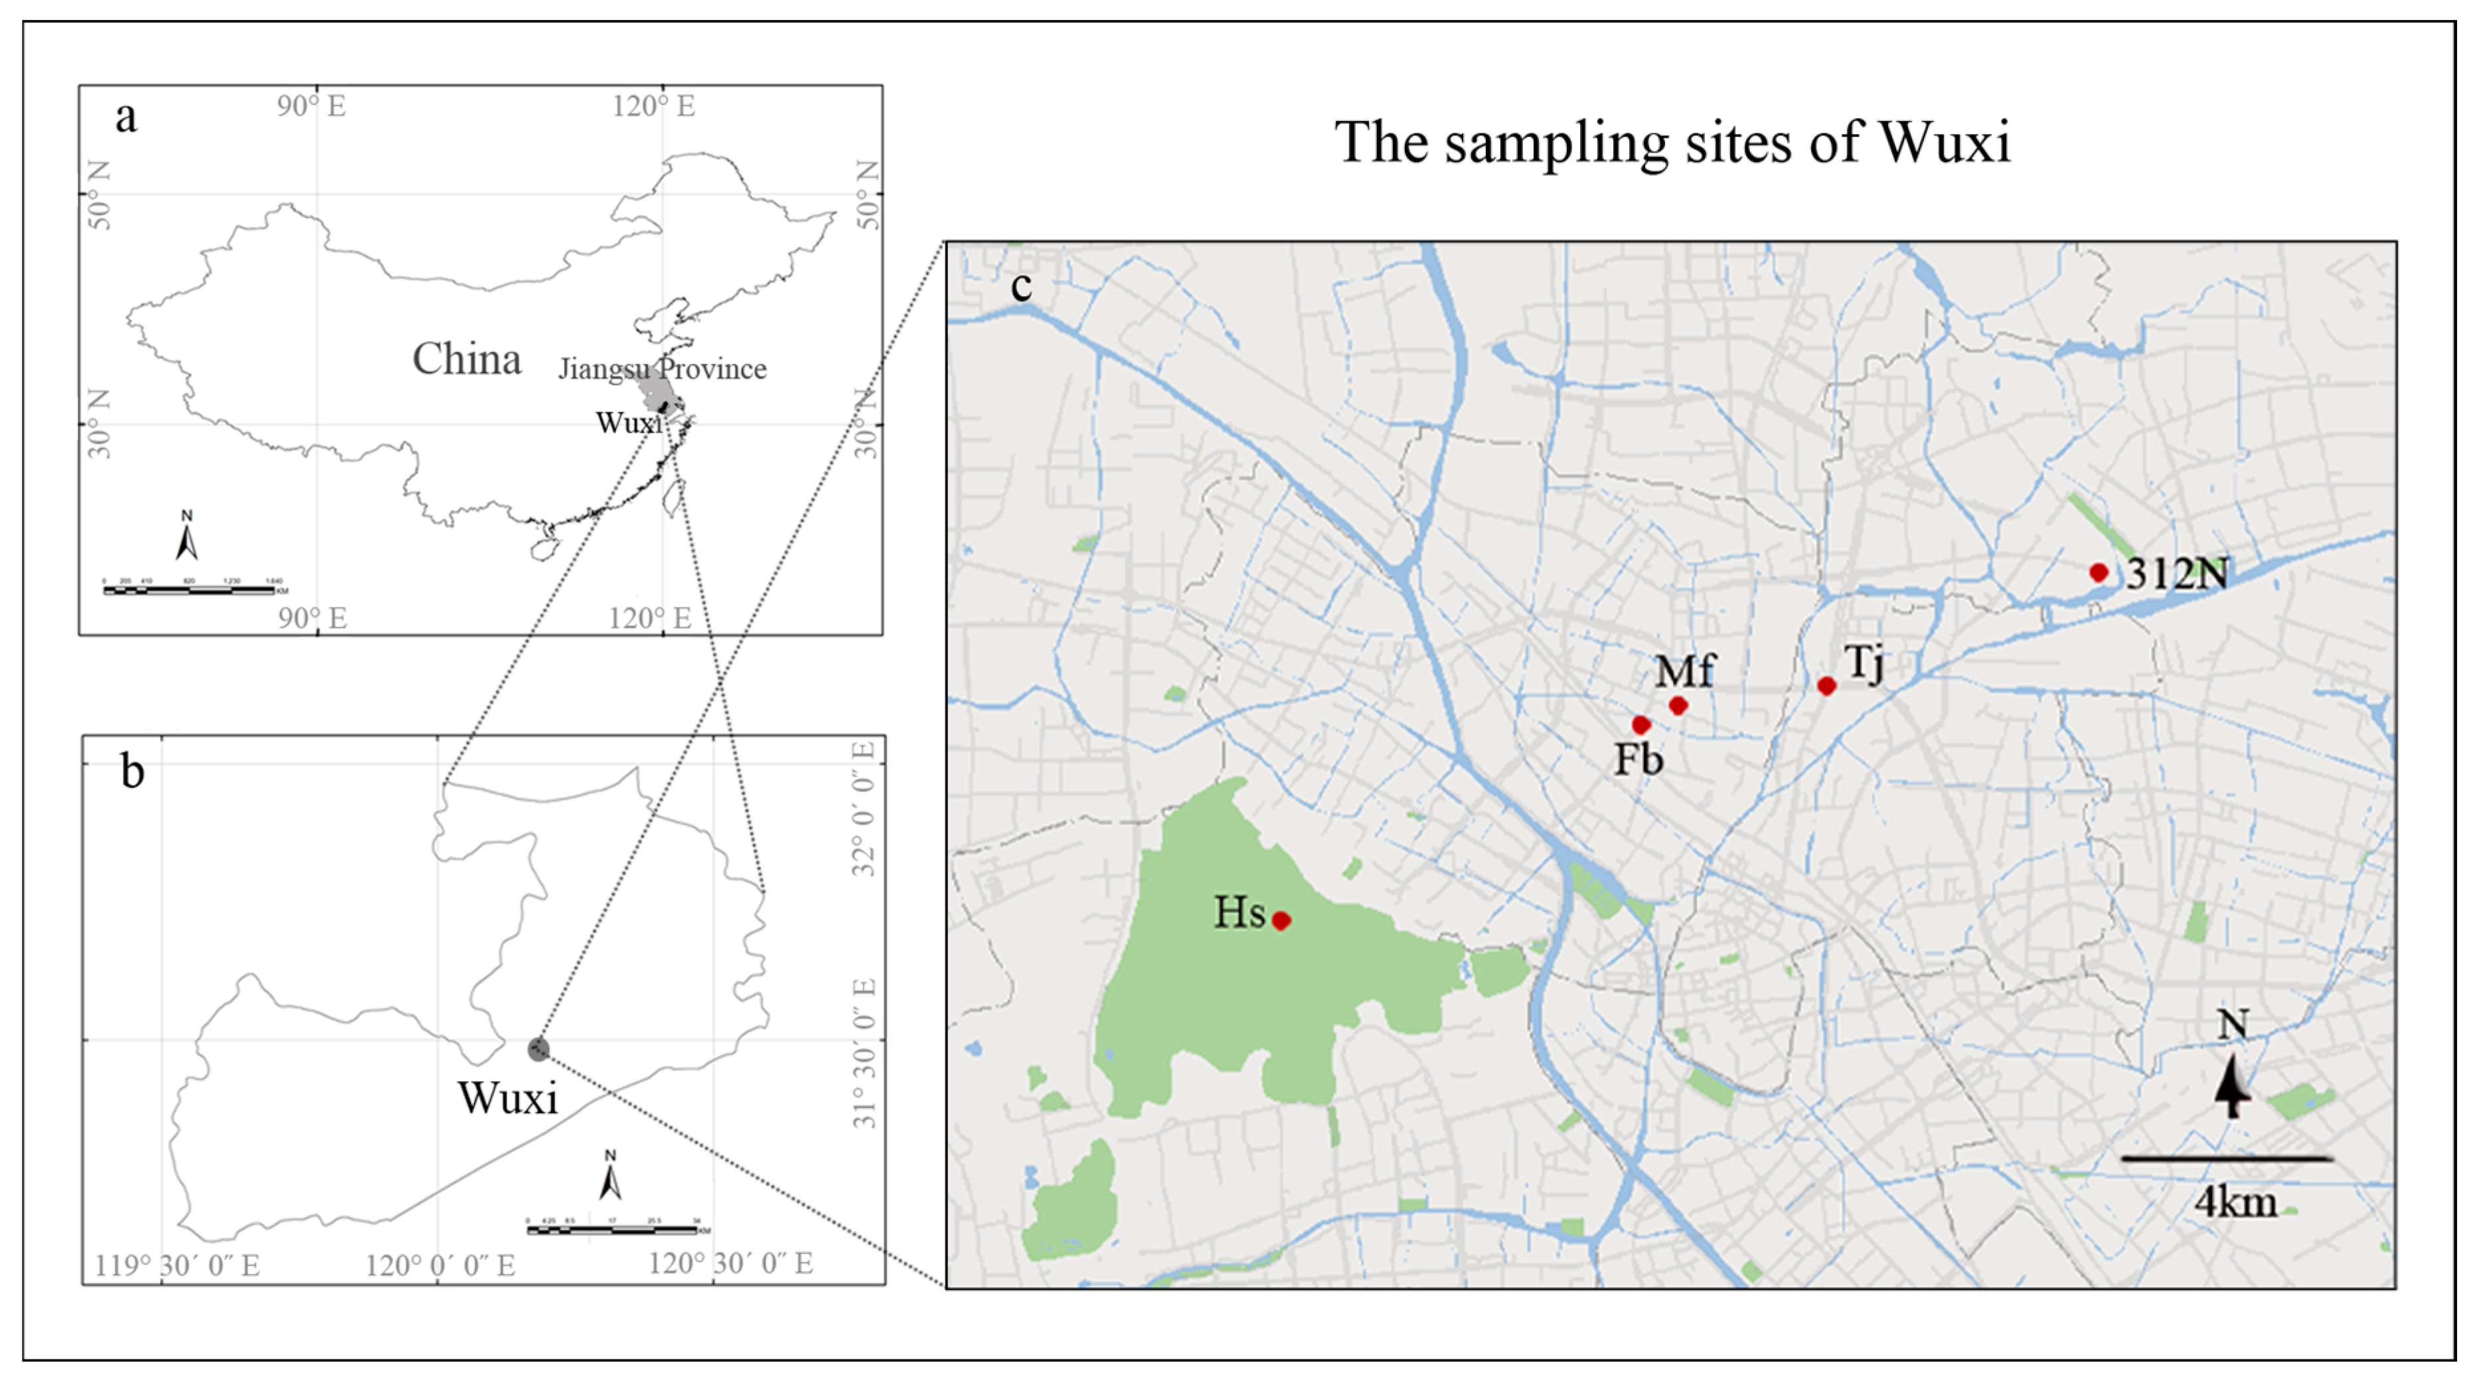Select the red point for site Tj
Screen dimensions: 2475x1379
click(1826, 685)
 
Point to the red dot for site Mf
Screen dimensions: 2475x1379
click(1678, 704)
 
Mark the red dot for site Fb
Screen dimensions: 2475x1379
click(1641, 724)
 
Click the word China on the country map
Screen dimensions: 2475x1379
click(467, 359)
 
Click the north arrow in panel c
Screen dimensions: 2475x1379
click(2233, 1086)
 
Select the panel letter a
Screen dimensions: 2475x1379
click(126, 118)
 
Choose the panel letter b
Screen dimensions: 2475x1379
click(133, 771)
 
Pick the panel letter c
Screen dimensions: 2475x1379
click(1021, 285)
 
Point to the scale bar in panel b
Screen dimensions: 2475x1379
click(613, 1228)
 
